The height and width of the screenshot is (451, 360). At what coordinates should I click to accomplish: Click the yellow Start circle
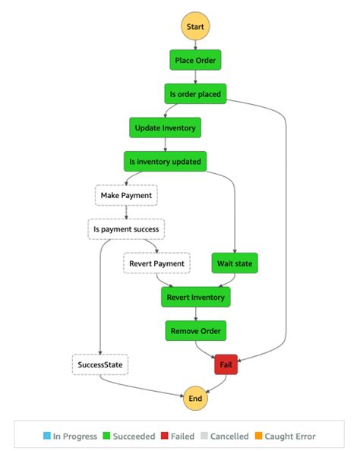195,27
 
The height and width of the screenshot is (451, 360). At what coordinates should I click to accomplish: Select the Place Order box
195,61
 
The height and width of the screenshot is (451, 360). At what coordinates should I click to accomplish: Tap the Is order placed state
195,94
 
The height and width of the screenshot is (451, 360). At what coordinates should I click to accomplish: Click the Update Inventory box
166,128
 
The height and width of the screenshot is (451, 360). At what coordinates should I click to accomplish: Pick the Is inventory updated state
166,161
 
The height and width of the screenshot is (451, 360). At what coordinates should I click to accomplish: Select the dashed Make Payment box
126,195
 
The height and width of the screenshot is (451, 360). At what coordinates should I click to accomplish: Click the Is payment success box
126,229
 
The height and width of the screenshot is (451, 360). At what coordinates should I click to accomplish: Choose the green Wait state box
235,263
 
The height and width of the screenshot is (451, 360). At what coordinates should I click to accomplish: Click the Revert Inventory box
195,297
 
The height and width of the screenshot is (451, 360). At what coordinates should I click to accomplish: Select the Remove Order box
195,330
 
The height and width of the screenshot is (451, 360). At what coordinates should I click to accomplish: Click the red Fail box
226,364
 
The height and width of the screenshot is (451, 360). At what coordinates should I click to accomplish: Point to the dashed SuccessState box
100,364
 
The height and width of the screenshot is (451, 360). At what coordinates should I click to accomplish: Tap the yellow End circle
195,397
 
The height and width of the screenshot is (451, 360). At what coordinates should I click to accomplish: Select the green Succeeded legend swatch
106,437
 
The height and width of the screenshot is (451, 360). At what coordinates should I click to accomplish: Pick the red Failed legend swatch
164,437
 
